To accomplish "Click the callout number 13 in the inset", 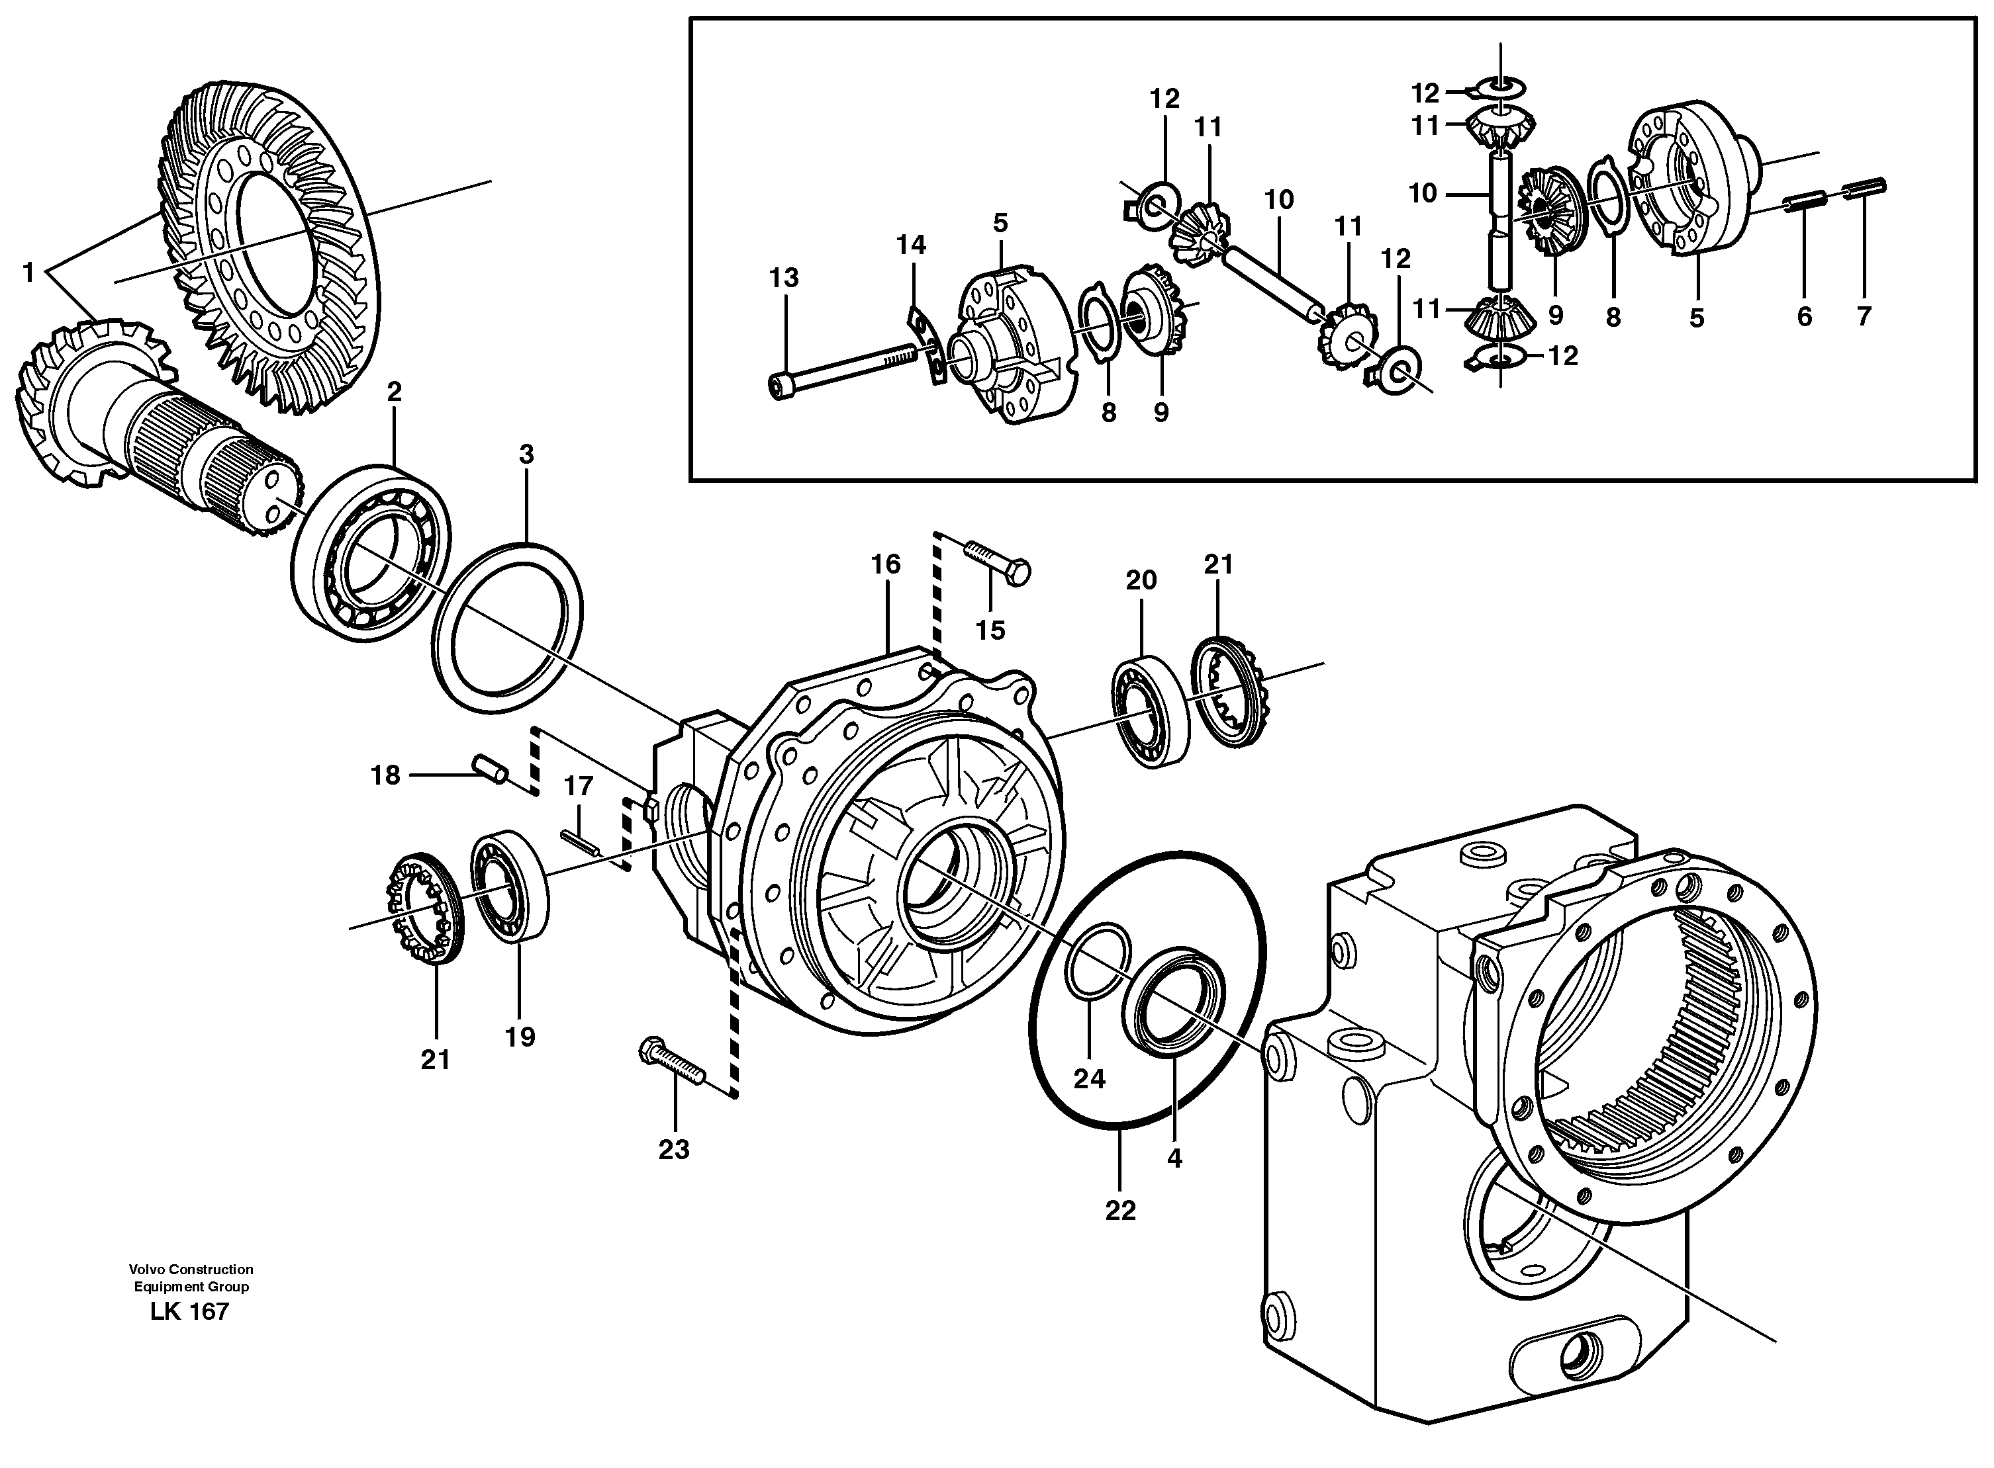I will coord(783,278).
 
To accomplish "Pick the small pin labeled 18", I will coord(490,769).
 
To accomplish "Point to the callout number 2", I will coord(394,392).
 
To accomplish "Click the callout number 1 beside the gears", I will coord(28,272).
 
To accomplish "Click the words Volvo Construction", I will coord(190,1269).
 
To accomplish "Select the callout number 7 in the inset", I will coord(1864,316).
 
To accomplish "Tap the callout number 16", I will coord(885,564).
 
